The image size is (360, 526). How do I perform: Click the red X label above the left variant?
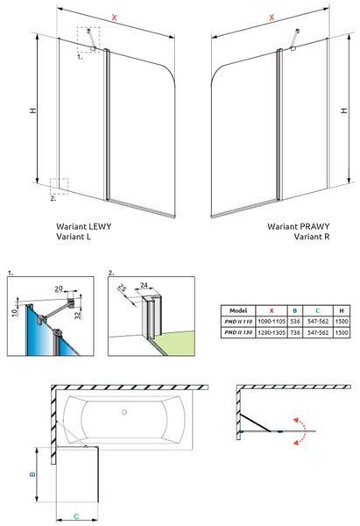pyautogui.click(x=114, y=18)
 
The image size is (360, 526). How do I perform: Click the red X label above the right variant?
pyautogui.click(x=272, y=18)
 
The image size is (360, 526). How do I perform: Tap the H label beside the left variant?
pyautogui.click(x=33, y=110)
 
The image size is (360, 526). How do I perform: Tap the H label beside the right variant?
pyautogui.click(x=344, y=110)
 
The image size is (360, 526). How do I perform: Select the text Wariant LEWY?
pyautogui.click(x=84, y=226)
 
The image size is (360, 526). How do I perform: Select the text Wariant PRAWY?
pyautogui.click(x=299, y=226)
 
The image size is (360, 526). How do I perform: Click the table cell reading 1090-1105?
pyautogui.click(x=272, y=322)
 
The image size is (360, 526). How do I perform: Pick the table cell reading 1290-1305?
pyautogui.click(x=272, y=332)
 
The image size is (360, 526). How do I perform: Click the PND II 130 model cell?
pyautogui.click(x=238, y=332)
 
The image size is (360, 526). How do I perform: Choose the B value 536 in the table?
pyautogui.click(x=295, y=322)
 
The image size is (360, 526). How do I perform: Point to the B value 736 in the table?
pyautogui.click(x=295, y=332)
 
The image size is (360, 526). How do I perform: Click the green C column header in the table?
pyautogui.click(x=317, y=310)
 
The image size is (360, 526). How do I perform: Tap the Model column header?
pyautogui.click(x=238, y=310)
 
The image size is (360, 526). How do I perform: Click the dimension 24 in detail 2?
pyautogui.click(x=144, y=286)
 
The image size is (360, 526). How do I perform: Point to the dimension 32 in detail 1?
pyautogui.click(x=79, y=315)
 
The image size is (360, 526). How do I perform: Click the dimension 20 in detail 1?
pyautogui.click(x=59, y=288)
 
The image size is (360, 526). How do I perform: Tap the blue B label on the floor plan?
pyautogui.click(x=32, y=474)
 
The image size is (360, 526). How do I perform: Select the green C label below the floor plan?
pyautogui.click(x=76, y=516)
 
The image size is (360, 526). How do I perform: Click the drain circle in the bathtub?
pyautogui.click(x=124, y=412)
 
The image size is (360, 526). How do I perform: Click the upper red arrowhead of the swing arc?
pyautogui.click(x=296, y=420)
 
